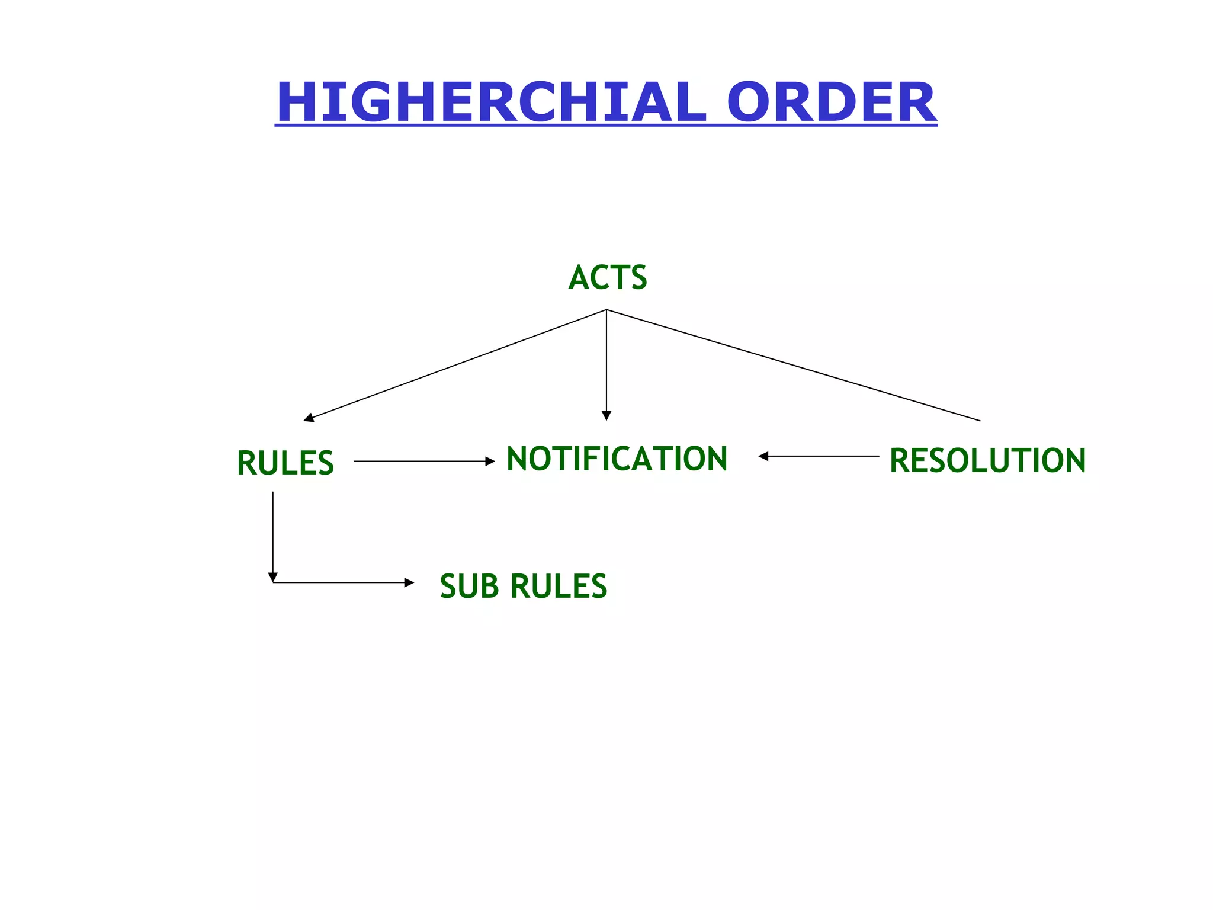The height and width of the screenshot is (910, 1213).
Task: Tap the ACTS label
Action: point(607,277)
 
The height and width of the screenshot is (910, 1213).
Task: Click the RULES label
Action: point(285,463)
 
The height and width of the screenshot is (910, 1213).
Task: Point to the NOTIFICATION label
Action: point(617,459)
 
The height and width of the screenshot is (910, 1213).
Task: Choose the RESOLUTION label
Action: point(987,460)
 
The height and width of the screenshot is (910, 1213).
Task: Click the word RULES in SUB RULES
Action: point(559,586)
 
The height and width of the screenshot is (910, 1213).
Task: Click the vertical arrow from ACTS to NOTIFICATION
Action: point(606,361)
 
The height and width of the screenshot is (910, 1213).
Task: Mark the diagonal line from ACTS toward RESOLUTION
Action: point(794,366)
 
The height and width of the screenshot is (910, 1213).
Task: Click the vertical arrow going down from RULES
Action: point(272,533)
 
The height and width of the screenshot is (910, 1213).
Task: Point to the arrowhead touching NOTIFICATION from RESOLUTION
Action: point(763,456)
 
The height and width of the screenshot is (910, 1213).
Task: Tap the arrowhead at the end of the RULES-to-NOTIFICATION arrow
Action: point(490,461)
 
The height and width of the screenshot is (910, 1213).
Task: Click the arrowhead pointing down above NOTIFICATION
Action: point(606,416)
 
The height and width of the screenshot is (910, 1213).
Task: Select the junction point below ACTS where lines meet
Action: point(606,310)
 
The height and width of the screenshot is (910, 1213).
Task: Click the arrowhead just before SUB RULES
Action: point(409,582)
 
